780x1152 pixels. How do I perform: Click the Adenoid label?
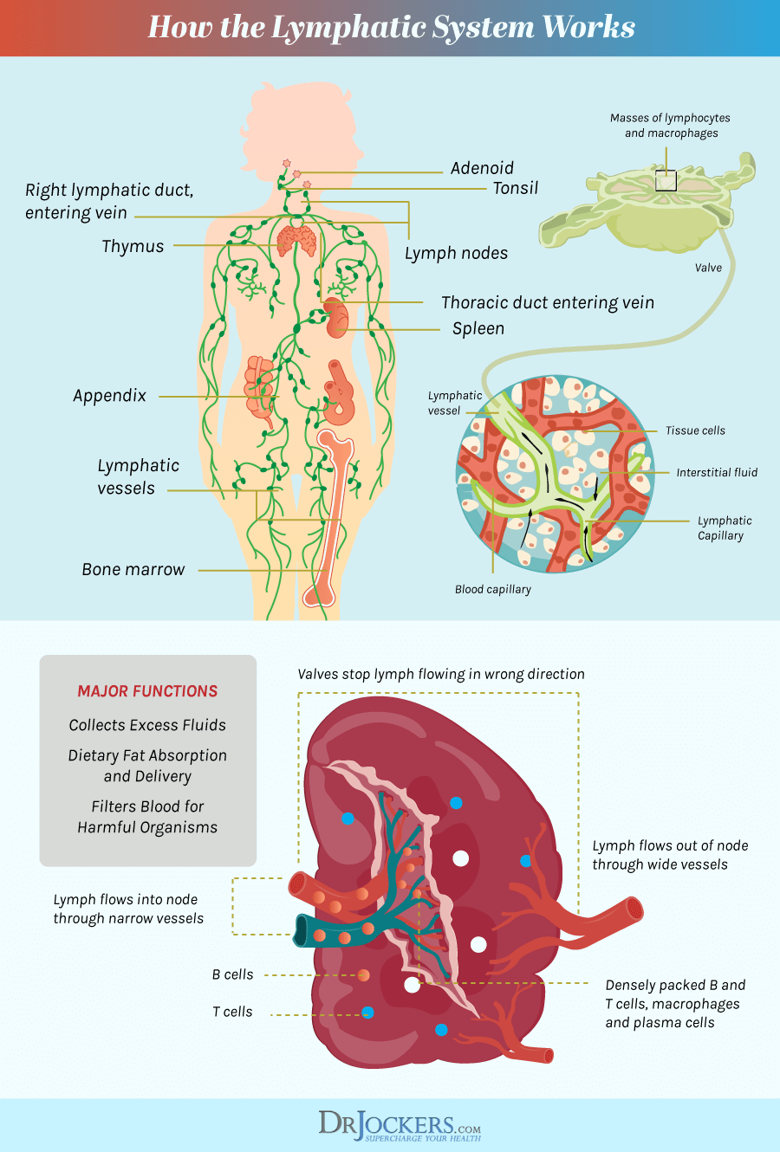pyautogui.click(x=482, y=168)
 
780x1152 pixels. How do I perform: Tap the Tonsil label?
pyautogui.click(x=516, y=188)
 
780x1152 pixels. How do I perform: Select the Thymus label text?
pyautogui.click(x=133, y=246)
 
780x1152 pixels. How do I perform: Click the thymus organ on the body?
pyautogui.click(x=297, y=240)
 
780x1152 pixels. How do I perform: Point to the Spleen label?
pyautogui.click(x=478, y=328)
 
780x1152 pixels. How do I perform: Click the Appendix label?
pyautogui.click(x=109, y=396)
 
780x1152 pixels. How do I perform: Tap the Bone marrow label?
pyautogui.click(x=133, y=569)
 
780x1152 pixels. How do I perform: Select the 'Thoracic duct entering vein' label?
pyautogui.click(x=548, y=302)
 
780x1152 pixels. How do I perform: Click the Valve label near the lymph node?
pyautogui.click(x=708, y=268)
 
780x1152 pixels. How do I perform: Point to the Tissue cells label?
pyautogui.click(x=695, y=430)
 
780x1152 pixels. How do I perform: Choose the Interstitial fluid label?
pyautogui.click(x=717, y=472)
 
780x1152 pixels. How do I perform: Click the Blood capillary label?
pyautogui.click(x=493, y=589)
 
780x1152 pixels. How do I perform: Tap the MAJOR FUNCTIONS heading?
pyautogui.click(x=147, y=690)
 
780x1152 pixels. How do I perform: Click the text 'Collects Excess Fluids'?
pyautogui.click(x=147, y=725)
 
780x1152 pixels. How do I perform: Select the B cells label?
pyautogui.click(x=232, y=974)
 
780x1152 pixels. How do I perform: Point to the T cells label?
pyautogui.click(x=232, y=1012)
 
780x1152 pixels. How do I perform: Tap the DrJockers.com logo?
pyautogui.click(x=400, y=1125)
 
